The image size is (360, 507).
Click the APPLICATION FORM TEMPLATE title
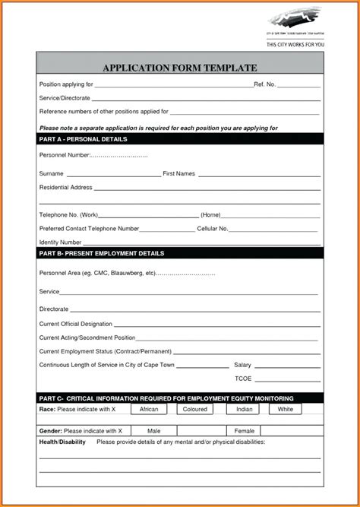180,68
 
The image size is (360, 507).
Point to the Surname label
51,174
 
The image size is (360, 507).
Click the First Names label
179,174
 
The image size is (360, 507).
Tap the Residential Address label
65,187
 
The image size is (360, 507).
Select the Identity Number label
60,242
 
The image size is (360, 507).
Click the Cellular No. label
213,228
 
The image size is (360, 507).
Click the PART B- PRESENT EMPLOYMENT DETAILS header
101,253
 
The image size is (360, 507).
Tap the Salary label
242,365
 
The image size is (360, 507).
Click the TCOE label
243,379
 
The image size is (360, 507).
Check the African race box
149,409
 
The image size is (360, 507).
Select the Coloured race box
196,409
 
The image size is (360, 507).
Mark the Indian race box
244,409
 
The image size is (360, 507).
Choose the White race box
286,409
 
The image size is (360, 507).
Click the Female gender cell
245,431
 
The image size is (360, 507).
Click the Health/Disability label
63,442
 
